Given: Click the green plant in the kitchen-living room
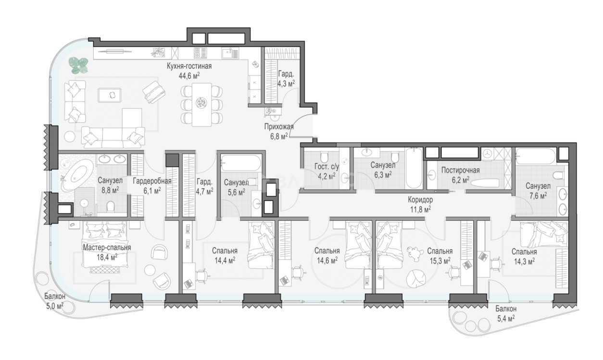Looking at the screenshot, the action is pos(78,65).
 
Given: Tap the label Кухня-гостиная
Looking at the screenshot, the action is pos(189,66).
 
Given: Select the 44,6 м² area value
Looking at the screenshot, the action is pos(189,76).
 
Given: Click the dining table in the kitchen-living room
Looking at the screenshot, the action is pos(201,104).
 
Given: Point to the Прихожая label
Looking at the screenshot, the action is pos(279,127).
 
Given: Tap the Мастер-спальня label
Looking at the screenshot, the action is pos(107,248).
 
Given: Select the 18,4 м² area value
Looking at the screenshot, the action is pos(107,257).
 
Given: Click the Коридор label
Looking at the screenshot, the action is pos(420,199).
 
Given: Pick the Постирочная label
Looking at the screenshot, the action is pos(460,170).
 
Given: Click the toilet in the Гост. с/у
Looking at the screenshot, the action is pos(324,156).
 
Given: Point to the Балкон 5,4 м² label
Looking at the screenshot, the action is pos(506,314).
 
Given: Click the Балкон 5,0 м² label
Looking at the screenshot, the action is pos(55,301).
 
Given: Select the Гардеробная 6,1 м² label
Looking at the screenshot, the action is pos(152,186).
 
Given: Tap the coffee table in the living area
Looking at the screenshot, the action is pos(110,95).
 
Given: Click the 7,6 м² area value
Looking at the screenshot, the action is pos(538,196).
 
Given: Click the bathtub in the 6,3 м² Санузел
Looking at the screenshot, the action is pos(414,168).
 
